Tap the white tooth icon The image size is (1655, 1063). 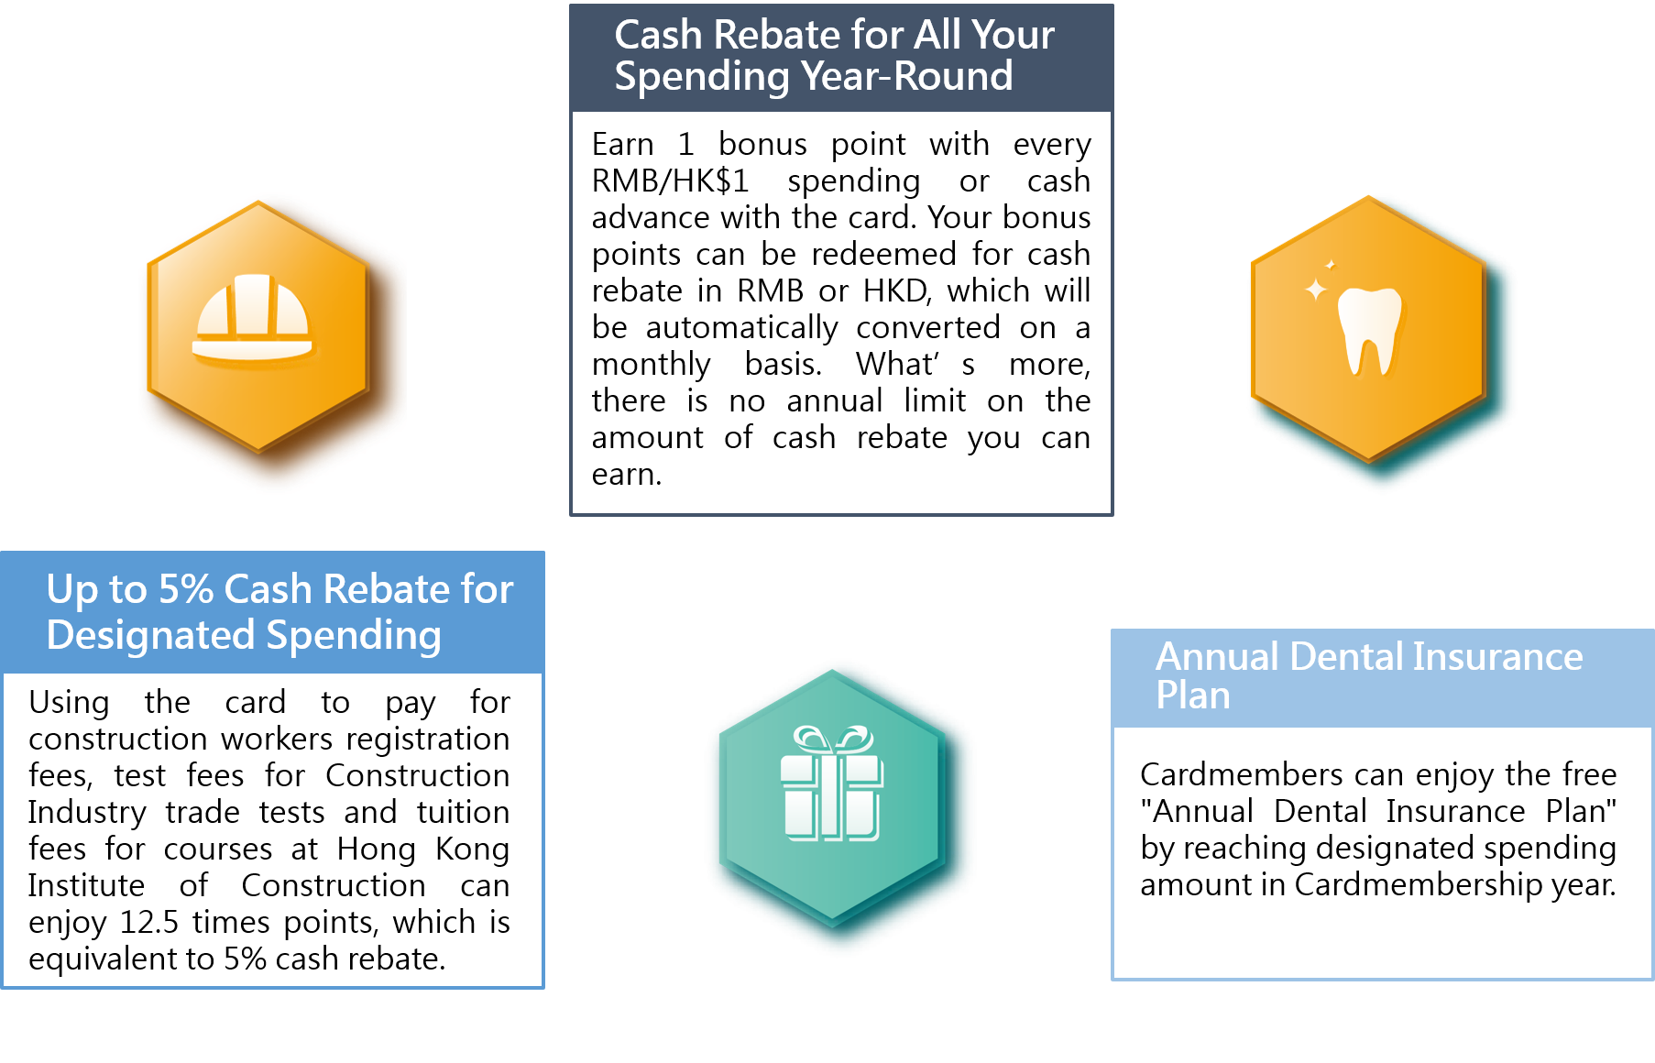1369,330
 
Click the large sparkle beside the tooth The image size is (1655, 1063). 1316,290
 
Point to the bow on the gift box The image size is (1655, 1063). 833,739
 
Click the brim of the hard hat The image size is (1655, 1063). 252,349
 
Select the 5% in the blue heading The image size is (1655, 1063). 186,589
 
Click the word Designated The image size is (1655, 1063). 150,636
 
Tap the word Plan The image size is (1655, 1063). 1192,696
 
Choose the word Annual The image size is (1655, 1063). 1217,657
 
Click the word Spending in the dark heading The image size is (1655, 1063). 701,77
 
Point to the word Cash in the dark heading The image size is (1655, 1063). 658,36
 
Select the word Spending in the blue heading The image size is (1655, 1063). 353,636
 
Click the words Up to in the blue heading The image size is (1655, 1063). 96,589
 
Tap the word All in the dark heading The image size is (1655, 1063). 937,36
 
